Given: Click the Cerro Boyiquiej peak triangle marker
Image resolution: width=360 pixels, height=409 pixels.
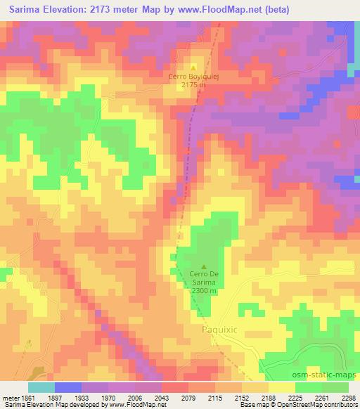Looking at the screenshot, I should (193, 67).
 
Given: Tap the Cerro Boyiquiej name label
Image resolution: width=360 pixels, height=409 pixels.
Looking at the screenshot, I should (193, 77).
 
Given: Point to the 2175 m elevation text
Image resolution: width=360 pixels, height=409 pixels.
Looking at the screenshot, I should (193, 85).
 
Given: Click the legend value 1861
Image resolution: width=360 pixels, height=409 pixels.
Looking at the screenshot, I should (28, 397).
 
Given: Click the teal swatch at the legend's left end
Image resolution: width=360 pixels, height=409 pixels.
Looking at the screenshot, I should (41, 387).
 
